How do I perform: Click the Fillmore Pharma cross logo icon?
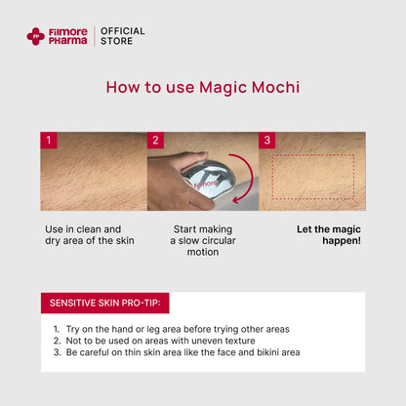(35, 36)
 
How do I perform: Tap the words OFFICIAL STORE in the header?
(122, 36)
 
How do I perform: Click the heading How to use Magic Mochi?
(202, 88)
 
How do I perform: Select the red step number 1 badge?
(49, 141)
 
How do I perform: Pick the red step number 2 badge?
(155, 141)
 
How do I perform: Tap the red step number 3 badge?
(266, 141)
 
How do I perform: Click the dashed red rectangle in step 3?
(312, 176)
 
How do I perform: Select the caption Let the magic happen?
(328, 235)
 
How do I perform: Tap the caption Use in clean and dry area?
(90, 235)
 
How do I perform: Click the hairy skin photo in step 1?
(93, 176)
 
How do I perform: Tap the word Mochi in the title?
(276, 88)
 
